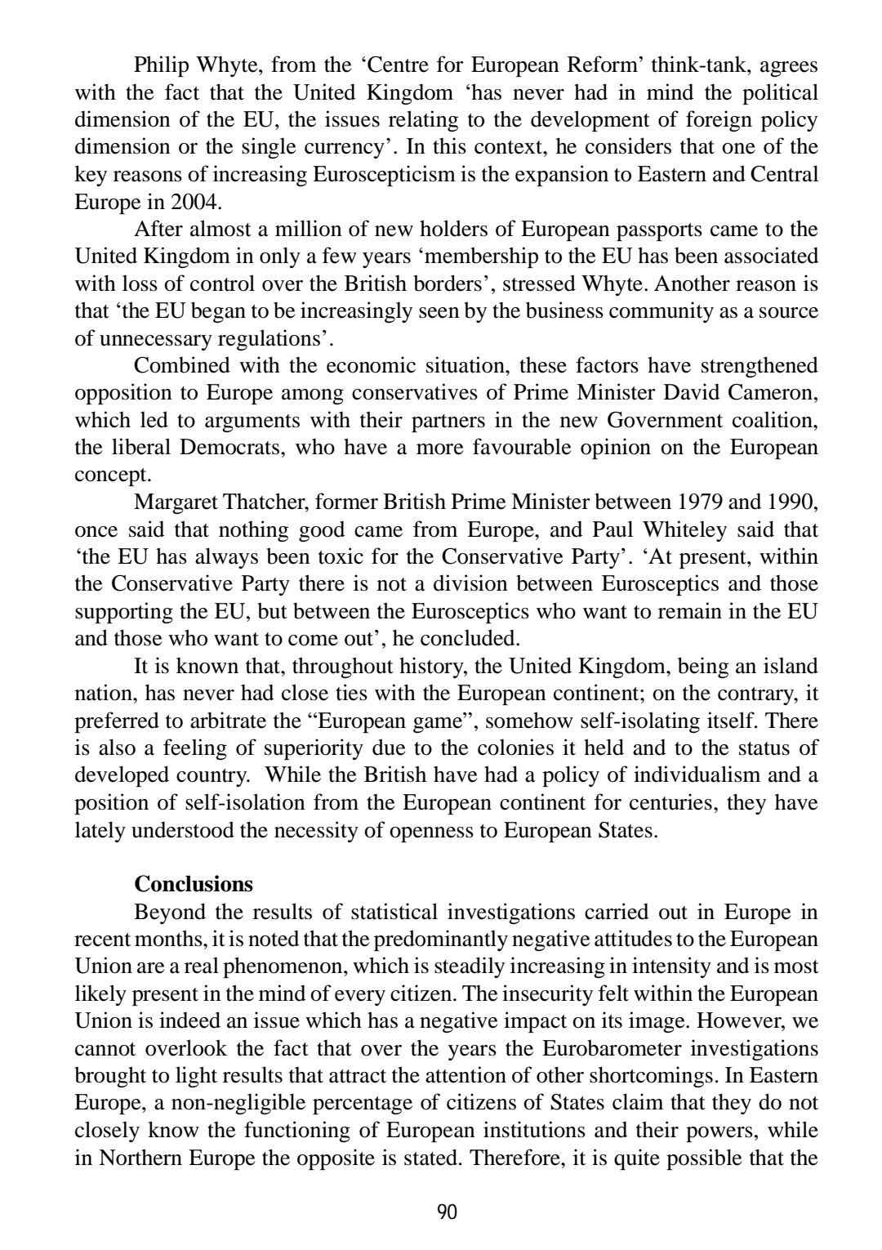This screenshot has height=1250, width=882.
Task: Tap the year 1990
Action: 791,502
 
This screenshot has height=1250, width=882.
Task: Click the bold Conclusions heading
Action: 194,884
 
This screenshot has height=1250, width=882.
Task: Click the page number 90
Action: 448,1212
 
